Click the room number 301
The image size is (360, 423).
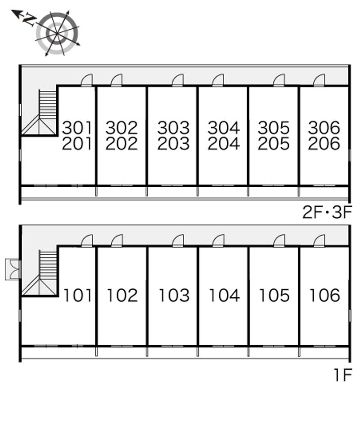tap(77, 128)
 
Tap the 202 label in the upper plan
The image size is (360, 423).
tap(121, 144)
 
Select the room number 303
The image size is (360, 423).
tap(173, 128)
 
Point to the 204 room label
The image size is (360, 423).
tap(224, 144)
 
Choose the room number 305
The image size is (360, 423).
tap(274, 128)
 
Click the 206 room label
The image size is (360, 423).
tap(324, 144)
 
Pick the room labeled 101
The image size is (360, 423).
tap(77, 296)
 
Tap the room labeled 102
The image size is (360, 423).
tap(122, 296)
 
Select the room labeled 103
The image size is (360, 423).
tap(174, 296)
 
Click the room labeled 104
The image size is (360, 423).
tap(224, 296)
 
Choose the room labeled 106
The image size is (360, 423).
tap(324, 296)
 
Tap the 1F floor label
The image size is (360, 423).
tap(342, 374)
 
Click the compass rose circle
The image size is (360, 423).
tap(58, 33)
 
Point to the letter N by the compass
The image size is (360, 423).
tap(30, 20)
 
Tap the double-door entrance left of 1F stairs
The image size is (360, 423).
tap(13, 269)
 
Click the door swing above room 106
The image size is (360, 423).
tap(319, 241)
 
